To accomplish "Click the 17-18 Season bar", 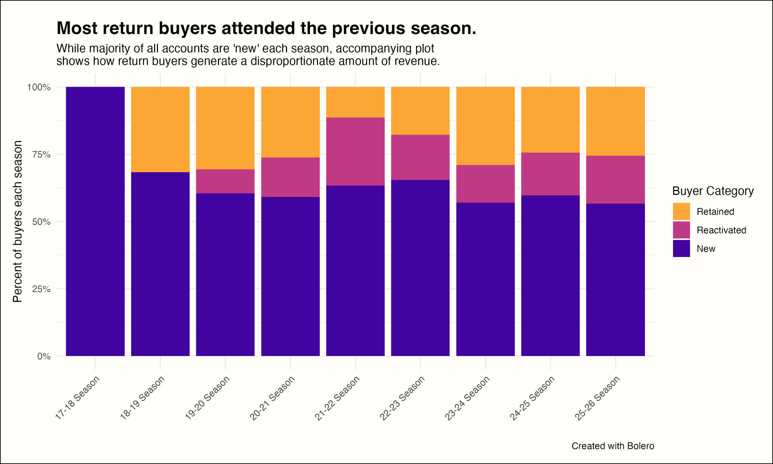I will pyautogui.click(x=95, y=221).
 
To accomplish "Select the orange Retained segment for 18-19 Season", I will pyautogui.click(x=160, y=129).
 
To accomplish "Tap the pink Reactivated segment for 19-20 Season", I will pyautogui.click(x=225, y=181).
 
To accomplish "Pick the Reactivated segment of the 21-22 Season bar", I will pyautogui.click(x=355, y=151).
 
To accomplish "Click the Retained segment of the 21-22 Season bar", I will pyautogui.click(x=355, y=102).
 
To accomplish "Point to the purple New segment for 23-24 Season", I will pyautogui.click(x=485, y=279).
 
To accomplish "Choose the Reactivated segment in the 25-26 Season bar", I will pyautogui.click(x=615, y=179).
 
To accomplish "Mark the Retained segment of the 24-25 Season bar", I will pyautogui.click(x=551, y=119).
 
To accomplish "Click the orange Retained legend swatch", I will pyautogui.click(x=681, y=212).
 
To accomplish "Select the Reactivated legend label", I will pyautogui.click(x=721, y=230).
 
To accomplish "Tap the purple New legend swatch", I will pyautogui.click(x=681, y=249).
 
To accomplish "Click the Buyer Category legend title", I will pyautogui.click(x=713, y=191).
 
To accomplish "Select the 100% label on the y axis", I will pyautogui.click(x=39, y=87).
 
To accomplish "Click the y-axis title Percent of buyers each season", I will pyautogui.click(x=18, y=221).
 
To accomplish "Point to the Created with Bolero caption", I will pyautogui.click(x=613, y=446).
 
